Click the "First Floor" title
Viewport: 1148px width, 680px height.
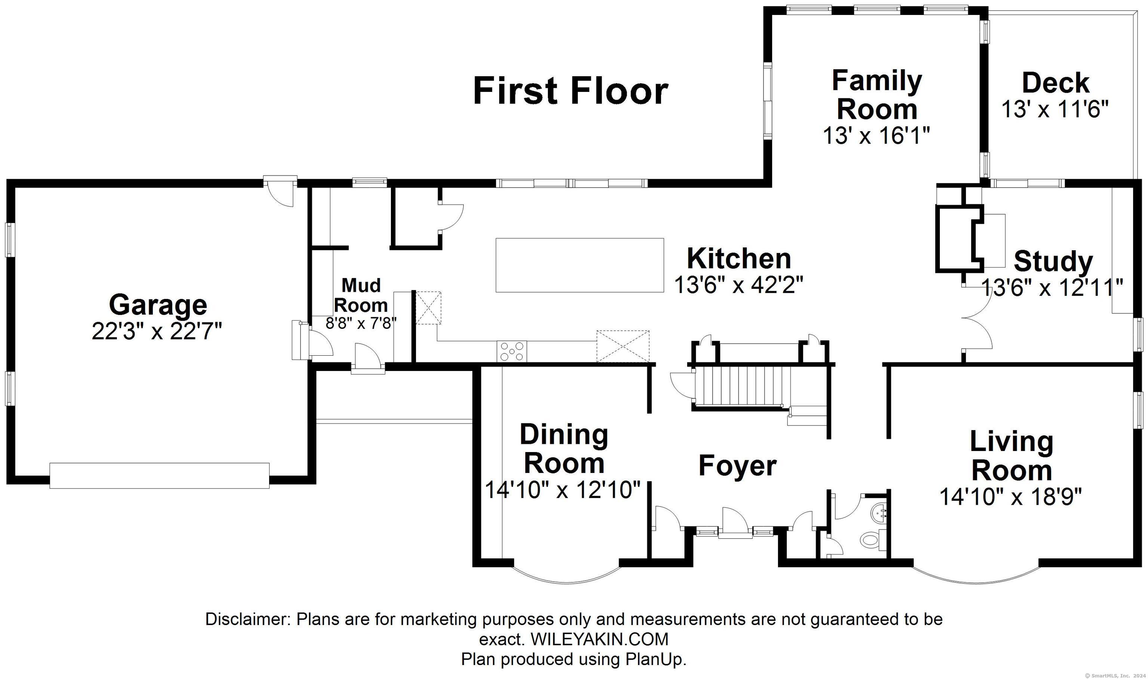[x=571, y=91]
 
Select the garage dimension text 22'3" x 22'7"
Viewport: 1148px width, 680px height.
[x=157, y=331]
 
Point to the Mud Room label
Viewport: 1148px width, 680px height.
[x=361, y=295]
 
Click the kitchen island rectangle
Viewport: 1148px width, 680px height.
[x=580, y=265]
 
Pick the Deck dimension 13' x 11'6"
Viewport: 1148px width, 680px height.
[x=1055, y=110]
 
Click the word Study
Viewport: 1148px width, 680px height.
[x=1053, y=262]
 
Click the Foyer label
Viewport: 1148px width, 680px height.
[x=737, y=466]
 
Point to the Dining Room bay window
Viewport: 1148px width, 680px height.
[x=565, y=579]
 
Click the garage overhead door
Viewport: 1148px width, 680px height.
[x=160, y=476]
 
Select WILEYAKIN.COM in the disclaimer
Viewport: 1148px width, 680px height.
[x=599, y=639]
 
